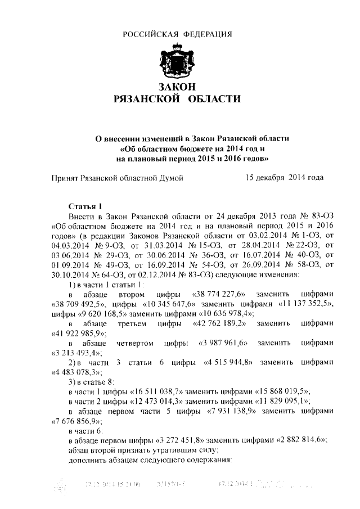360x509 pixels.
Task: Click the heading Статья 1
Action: pos(84,206)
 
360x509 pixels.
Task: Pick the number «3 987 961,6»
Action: pos(223,343)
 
